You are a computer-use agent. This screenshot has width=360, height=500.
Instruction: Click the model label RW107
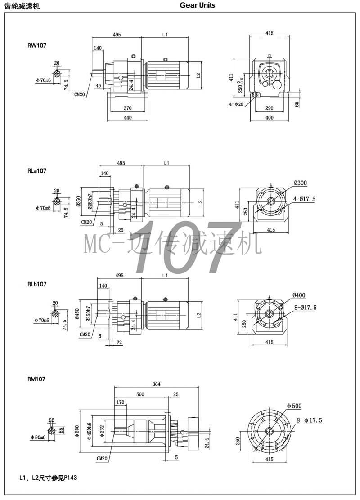click(x=36, y=45)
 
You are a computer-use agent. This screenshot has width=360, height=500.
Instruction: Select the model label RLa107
click(x=37, y=171)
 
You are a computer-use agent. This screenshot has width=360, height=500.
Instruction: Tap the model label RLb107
click(x=37, y=284)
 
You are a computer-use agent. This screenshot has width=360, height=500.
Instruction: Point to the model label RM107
click(x=36, y=379)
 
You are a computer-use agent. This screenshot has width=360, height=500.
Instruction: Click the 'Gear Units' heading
click(x=198, y=5)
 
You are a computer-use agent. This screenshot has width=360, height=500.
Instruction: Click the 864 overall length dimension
click(x=156, y=384)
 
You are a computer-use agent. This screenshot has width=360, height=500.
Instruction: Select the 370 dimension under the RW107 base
click(x=128, y=108)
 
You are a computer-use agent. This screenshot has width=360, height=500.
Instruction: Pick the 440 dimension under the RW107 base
click(x=128, y=118)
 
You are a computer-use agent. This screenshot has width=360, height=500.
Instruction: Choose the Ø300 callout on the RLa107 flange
click(x=300, y=183)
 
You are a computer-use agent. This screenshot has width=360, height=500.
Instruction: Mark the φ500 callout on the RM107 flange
click(x=294, y=406)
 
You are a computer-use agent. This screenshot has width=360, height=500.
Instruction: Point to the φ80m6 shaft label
click(x=39, y=437)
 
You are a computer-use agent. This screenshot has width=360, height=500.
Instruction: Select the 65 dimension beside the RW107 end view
click(x=297, y=104)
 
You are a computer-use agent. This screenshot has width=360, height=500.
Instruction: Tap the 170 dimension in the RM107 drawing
click(x=120, y=402)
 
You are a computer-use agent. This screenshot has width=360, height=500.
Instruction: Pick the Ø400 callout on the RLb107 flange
click(x=299, y=295)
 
